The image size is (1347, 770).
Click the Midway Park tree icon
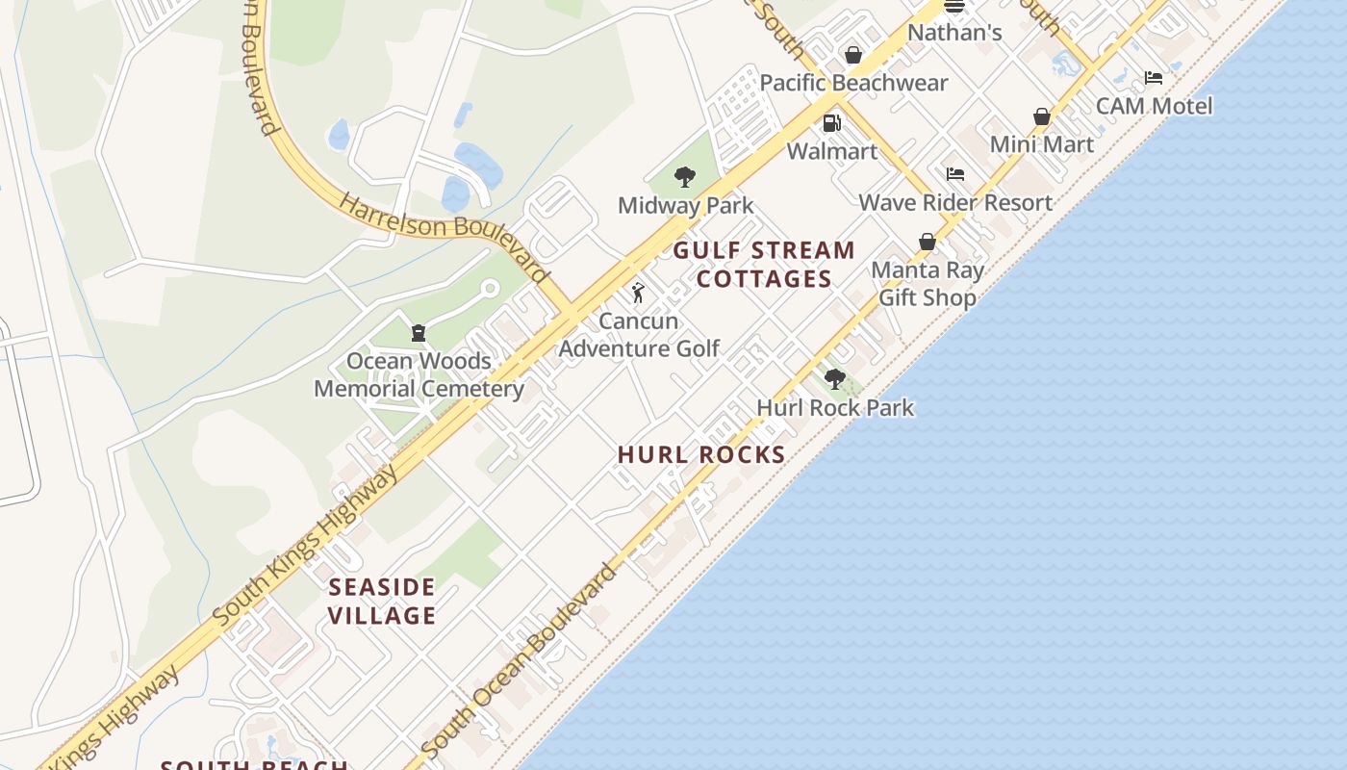click(x=685, y=177)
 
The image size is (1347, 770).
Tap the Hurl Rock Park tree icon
click(x=835, y=379)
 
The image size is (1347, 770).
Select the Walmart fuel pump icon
click(x=832, y=123)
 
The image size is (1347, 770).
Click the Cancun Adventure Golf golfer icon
click(x=638, y=293)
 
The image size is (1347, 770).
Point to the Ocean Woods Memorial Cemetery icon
click(x=419, y=333)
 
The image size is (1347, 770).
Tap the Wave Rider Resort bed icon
click(x=955, y=174)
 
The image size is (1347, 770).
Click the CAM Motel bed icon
click(x=1154, y=78)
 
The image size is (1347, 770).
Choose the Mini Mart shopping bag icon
click(x=1042, y=116)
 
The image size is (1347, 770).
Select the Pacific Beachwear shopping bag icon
click(x=853, y=55)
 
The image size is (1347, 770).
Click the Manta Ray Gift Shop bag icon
click(x=928, y=242)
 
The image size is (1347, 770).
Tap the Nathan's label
click(x=954, y=33)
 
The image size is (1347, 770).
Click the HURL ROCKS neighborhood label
click(x=701, y=454)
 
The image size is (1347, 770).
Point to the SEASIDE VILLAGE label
click(x=382, y=601)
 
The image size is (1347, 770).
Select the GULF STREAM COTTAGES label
click(x=764, y=265)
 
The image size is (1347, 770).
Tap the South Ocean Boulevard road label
click(x=520, y=659)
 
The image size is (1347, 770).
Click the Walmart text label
click(x=832, y=151)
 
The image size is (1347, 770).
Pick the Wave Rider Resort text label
click(x=955, y=202)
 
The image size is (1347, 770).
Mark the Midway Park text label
click(x=685, y=205)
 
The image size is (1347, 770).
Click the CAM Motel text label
click(x=1154, y=106)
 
